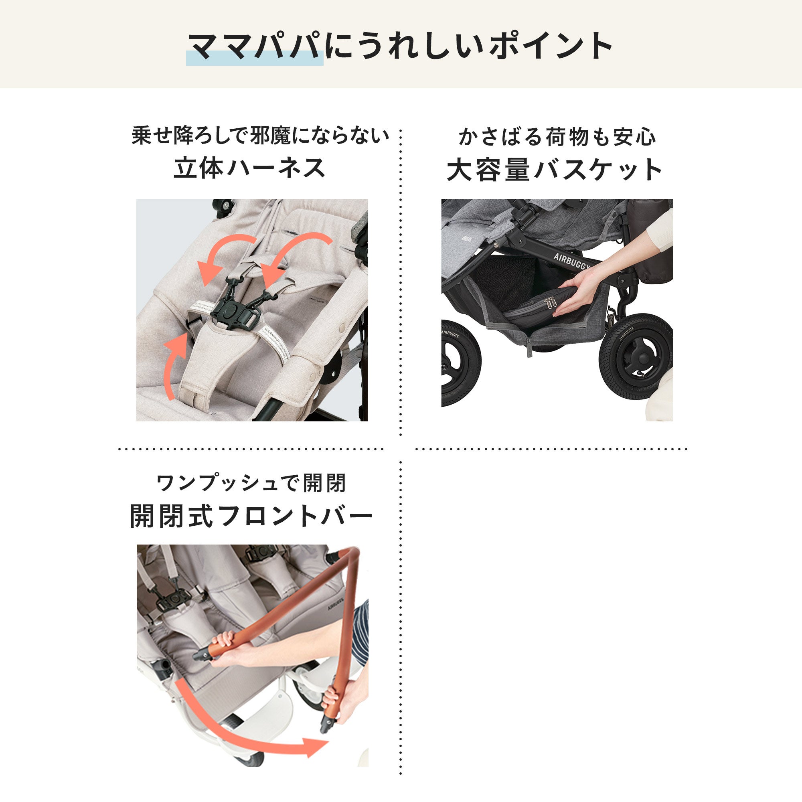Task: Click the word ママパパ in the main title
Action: (x=255, y=47)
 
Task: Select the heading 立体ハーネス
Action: (x=249, y=168)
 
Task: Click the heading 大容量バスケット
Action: (x=555, y=170)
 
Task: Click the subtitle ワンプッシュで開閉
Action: (x=251, y=483)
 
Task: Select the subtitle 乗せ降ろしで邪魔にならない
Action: (x=260, y=136)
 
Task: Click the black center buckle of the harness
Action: (x=229, y=310)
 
